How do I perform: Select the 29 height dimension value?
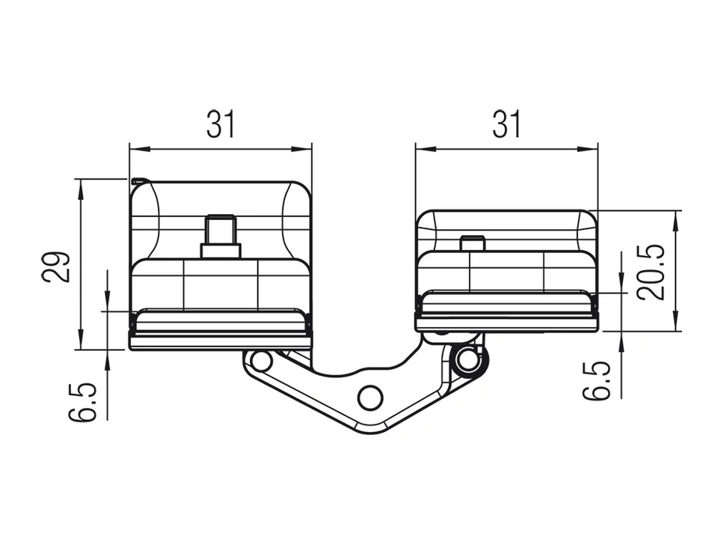pyautogui.click(x=57, y=266)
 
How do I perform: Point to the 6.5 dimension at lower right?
pyautogui.click(x=597, y=381)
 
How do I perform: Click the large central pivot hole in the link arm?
pyautogui.click(x=370, y=397)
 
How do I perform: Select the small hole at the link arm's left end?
pyautogui.click(x=261, y=361)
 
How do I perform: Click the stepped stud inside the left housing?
pyautogui.click(x=221, y=237)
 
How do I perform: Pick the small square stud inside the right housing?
pyautogui.click(x=472, y=243)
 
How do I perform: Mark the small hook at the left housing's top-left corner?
pyautogui.click(x=135, y=180)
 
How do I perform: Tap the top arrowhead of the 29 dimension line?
pyautogui.click(x=79, y=184)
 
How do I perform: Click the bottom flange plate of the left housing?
pyautogui.click(x=221, y=341)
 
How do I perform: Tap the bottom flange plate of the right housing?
pyautogui.click(x=506, y=324)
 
